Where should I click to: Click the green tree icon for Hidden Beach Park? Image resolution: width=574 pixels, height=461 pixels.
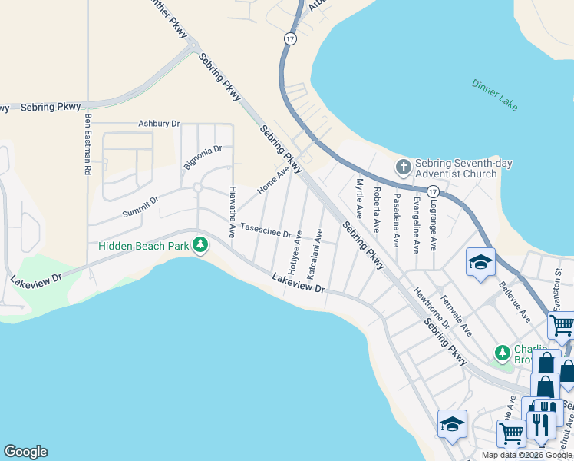pos(200,245)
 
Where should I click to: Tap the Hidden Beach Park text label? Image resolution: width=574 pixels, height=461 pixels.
pos(143,246)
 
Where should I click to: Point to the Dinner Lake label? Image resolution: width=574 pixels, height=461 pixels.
pos(495,95)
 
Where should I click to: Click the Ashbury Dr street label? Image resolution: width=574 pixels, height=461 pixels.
pos(158,123)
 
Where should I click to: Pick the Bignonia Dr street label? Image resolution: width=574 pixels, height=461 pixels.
pos(203,157)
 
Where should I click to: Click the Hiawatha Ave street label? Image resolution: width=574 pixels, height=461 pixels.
pos(233,211)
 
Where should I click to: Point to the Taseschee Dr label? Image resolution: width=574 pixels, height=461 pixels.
pos(266,230)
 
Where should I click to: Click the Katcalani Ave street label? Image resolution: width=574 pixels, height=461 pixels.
pos(312,252)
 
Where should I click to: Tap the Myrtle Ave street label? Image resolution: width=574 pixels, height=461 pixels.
pos(358,197)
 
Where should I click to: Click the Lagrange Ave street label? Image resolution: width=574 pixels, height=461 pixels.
pos(434,223)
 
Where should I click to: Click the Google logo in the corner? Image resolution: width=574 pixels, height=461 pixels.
pos(25,452)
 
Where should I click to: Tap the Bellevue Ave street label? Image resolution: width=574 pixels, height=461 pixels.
pos(514,301)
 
